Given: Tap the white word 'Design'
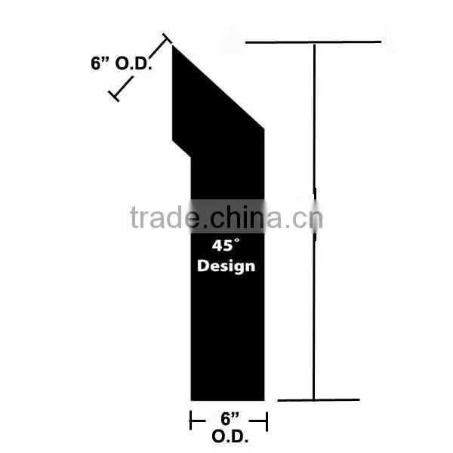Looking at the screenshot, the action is click(x=226, y=266).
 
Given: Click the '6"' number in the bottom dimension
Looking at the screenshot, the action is click(x=230, y=418).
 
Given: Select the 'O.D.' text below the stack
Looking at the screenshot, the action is click(x=230, y=436).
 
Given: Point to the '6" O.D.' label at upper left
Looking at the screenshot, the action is click(x=122, y=63).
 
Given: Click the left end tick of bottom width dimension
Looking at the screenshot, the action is click(x=190, y=421).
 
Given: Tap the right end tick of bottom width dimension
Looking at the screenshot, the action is click(x=267, y=421).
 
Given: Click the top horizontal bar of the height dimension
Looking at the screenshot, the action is click(x=313, y=42).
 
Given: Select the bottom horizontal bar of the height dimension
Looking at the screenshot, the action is click(x=319, y=400).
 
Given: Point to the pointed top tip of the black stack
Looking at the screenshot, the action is click(x=172, y=45).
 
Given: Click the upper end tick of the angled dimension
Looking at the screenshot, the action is click(x=167, y=39).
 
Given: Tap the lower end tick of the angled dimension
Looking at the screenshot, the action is click(x=113, y=96).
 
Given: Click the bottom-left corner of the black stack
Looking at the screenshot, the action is click(x=191, y=401).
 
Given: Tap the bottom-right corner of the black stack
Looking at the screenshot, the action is click(x=264, y=401).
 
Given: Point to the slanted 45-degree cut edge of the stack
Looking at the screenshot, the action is click(x=218, y=88).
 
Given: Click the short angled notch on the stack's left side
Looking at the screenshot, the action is click(x=181, y=149).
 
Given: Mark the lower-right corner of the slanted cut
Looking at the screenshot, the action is click(x=264, y=129).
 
